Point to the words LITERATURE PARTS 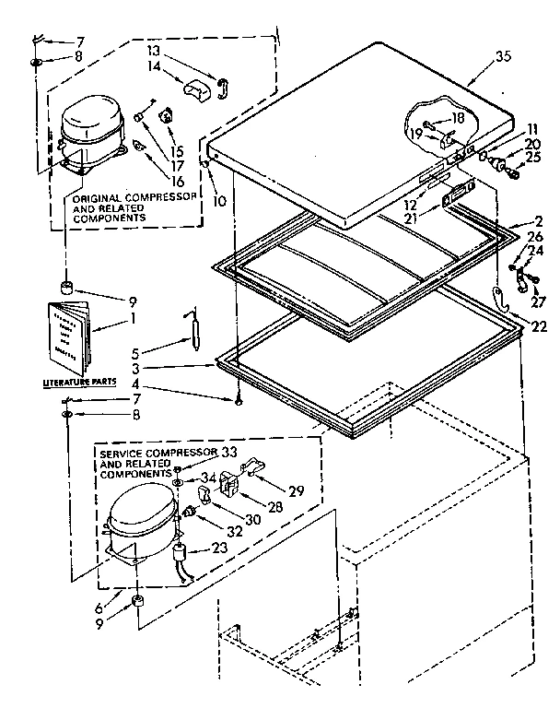click(69, 379)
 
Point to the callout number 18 click(459, 121)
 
